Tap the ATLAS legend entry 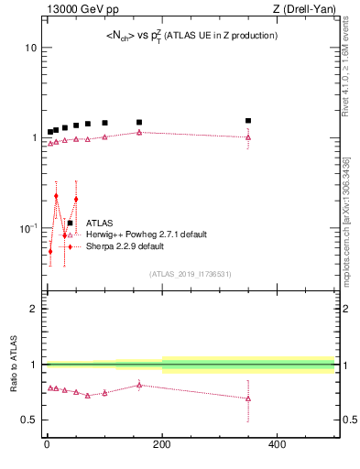tap(100, 223)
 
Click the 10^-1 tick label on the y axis tap(28, 227)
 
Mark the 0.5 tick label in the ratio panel tap(28, 420)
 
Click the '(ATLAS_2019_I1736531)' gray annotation tap(190, 274)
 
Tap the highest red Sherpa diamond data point tap(56, 196)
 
